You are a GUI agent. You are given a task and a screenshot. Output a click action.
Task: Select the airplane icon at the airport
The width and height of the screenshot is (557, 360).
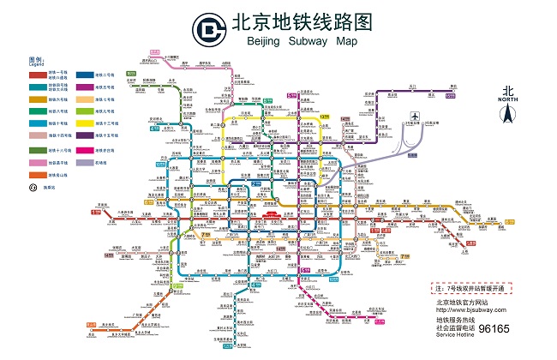415,117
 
